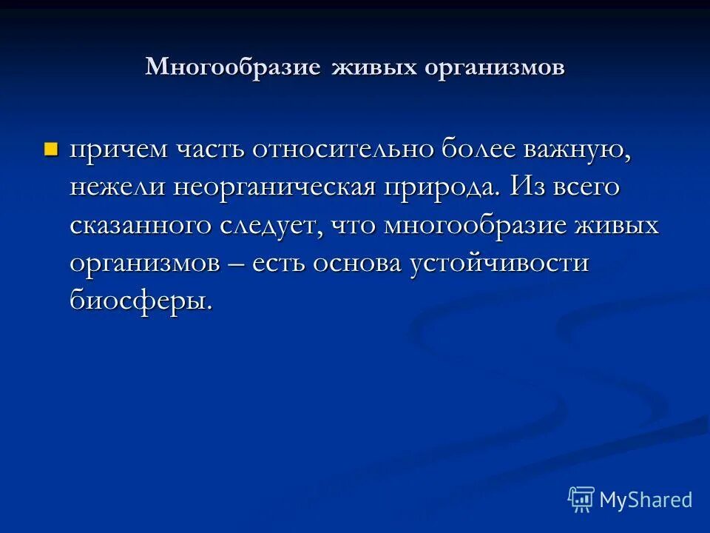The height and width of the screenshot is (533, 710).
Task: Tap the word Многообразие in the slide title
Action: tap(233, 67)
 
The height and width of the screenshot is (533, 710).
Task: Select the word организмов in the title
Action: tap(496, 67)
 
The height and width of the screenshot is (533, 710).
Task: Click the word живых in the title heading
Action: tap(374, 67)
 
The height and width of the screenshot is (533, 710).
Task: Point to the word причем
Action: tap(118, 150)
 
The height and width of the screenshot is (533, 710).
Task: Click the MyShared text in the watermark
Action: tap(646, 500)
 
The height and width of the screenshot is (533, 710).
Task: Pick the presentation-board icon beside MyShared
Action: tap(581, 500)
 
